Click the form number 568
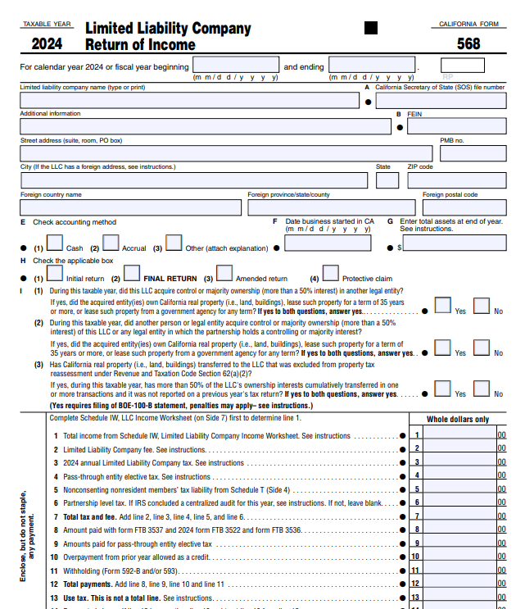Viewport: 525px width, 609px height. pos(469,44)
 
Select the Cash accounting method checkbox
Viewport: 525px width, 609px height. pos(56,243)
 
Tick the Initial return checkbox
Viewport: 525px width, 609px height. pos(56,273)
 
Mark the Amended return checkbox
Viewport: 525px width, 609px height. pos(224,273)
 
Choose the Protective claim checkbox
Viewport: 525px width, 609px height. pos(330,273)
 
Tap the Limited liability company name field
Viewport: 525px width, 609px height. pos(189,100)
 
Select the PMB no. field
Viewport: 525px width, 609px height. pos(473,153)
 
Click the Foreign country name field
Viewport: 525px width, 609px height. pos(131,207)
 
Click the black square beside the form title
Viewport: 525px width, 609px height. pos(371,28)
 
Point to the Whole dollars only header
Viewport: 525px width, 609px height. pos(458,420)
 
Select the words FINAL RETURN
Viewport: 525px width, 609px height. pos(170,279)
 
